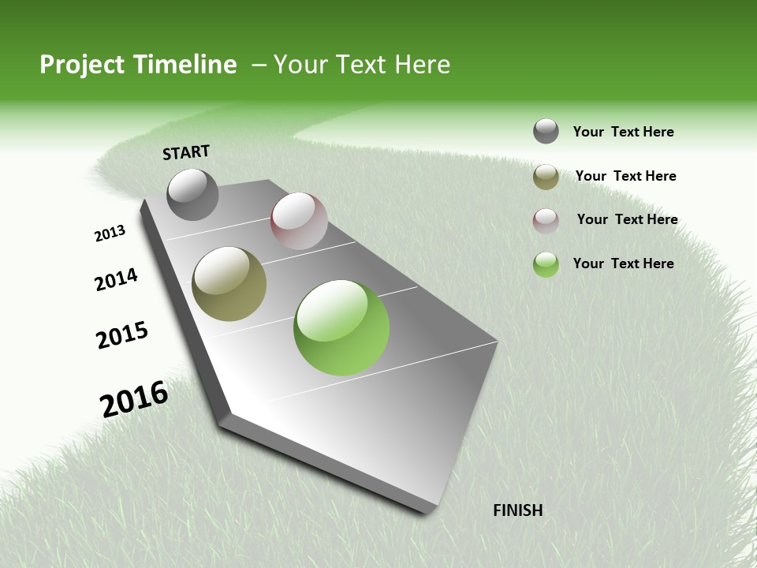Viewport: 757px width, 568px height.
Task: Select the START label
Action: pyautogui.click(x=186, y=152)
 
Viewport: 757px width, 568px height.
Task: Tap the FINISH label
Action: pyautogui.click(x=518, y=510)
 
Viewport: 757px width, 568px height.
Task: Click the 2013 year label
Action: pyautogui.click(x=110, y=234)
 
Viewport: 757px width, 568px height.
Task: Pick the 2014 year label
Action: pyautogui.click(x=116, y=279)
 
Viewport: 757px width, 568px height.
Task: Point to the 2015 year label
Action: pyautogui.click(x=122, y=335)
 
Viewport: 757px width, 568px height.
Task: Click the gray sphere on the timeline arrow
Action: pyautogui.click(x=193, y=195)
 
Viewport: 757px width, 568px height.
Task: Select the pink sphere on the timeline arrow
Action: pyautogui.click(x=299, y=221)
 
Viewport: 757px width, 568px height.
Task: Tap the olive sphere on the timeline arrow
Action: pyautogui.click(x=229, y=284)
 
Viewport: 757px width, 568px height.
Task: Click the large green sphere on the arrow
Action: pyautogui.click(x=341, y=327)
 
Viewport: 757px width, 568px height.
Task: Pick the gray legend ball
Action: pyautogui.click(x=546, y=132)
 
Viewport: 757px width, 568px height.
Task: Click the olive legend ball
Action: pyautogui.click(x=546, y=177)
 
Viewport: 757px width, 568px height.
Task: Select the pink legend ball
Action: pyautogui.click(x=546, y=221)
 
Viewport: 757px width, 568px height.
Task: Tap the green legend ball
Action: pyautogui.click(x=546, y=264)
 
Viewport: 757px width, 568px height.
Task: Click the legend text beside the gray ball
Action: pyautogui.click(x=623, y=133)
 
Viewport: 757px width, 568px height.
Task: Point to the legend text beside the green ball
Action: pyautogui.click(x=623, y=263)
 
